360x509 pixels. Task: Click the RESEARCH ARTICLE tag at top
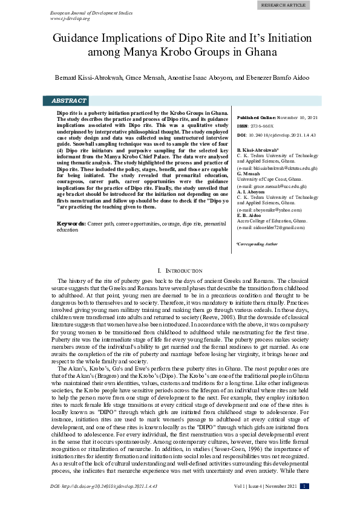click(x=284, y=5)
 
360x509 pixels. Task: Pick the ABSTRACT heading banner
click(x=68, y=101)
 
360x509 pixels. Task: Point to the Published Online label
click(x=257, y=117)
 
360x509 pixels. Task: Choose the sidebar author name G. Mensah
click(x=249, y=173)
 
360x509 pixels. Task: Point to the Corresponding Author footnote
click(x=257, y=244)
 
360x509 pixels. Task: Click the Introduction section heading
click(x=180, y=271)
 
